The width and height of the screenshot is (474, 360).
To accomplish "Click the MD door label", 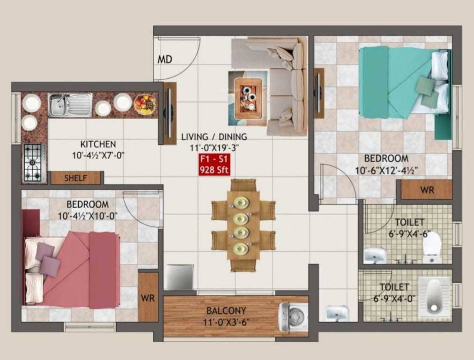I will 165,60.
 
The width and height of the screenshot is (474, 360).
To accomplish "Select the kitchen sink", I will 71,105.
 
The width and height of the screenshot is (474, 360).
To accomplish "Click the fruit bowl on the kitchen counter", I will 145,104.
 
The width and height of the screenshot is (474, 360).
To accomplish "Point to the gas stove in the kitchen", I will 34,162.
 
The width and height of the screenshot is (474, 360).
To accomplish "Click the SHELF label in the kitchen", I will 75,178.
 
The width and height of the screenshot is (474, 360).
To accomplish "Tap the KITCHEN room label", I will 98,144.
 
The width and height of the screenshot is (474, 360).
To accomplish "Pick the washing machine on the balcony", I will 294,317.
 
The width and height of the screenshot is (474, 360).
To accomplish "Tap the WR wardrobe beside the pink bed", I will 148,297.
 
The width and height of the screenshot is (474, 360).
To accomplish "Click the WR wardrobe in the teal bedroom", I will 427,190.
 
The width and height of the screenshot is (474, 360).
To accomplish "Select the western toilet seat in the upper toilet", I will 432,247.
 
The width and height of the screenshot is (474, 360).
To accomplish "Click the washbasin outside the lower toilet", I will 337,313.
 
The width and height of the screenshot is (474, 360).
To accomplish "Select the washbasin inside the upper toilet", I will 375,255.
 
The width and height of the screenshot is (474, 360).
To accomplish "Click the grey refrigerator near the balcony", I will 180,277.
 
